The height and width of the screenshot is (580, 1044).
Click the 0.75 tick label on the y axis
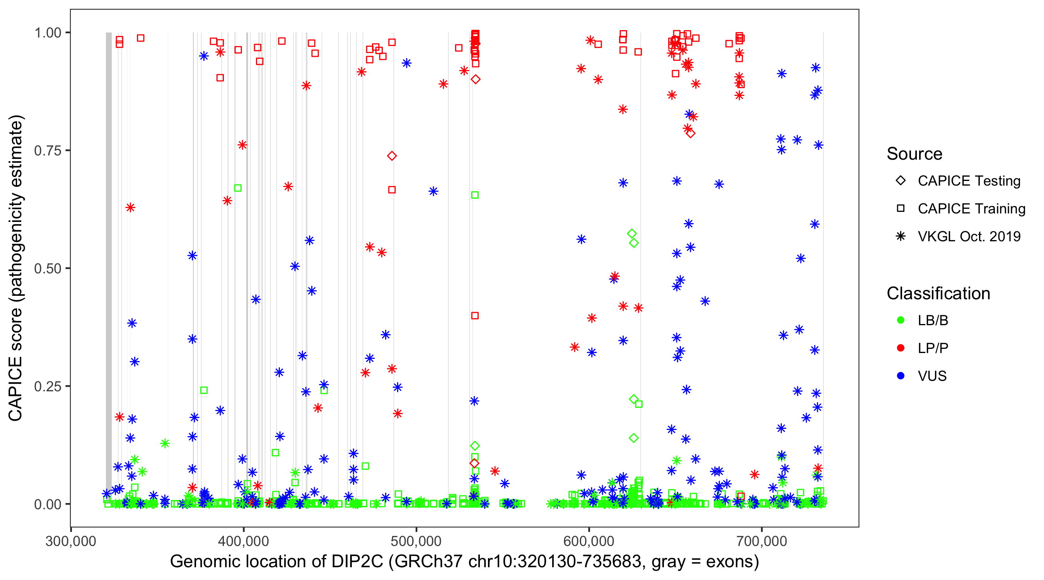(47, 151)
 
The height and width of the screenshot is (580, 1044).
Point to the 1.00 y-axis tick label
(47, 33)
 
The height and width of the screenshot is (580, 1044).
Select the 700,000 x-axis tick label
(761, 541)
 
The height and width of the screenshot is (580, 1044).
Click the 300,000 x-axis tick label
(71, 541)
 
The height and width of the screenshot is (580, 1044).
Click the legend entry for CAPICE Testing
(969, 181)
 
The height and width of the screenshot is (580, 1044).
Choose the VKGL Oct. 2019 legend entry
(969, 236)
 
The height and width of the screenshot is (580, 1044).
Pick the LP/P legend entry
(933, 348)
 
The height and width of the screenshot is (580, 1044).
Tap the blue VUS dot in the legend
(901, 376)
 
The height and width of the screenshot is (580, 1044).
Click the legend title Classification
(938, 293)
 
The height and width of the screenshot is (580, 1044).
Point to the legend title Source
(914, 154)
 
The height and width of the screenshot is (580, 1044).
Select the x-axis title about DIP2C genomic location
(464, 562)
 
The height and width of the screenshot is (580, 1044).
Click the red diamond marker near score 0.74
(391, 156)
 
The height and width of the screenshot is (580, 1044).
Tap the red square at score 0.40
(475, 316)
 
